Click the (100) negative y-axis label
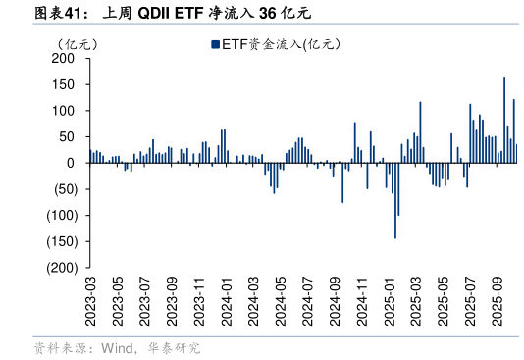(x=61, y=216)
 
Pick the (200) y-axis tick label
(x=61, y=268)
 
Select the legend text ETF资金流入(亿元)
(x=279, y=43)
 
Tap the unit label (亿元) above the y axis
(x=77, y=44)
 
